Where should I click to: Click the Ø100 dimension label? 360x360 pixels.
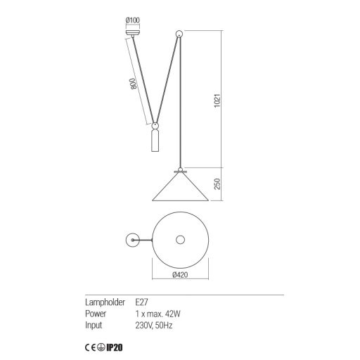(133, 20)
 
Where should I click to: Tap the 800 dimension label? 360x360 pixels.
(133, 84)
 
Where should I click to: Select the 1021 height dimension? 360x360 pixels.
(217, 101)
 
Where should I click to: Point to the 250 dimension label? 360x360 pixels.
(217, 184)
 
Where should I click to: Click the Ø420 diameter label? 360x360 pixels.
(180, 274)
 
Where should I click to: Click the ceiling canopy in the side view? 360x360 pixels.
(133, 33)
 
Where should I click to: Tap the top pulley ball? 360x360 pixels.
(179, 34)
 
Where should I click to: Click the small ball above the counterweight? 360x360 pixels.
(155, 126)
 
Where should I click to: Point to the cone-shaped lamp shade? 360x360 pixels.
(180, 187)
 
